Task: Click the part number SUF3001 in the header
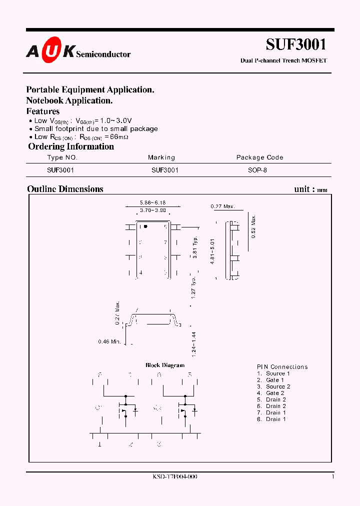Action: [x=296, y=44]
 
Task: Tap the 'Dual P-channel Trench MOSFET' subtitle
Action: [x=283, y=60]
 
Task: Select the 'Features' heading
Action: [x=42, y=111]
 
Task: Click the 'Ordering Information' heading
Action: [x=71, y=146]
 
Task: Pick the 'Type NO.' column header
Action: [x=62, y=157]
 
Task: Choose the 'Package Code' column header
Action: [x=259, y=157]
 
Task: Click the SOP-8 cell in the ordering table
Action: [x=257, y=170]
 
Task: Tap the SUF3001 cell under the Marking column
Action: [x=165, y=170]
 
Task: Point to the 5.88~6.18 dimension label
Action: [x=152, y=202]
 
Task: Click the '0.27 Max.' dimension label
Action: [x=222, y=206]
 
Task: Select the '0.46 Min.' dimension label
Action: [x=109, y=342]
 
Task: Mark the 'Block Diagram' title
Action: [x=165, y=365]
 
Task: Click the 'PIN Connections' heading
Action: [x=282, y=366]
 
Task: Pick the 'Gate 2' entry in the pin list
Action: [x=273, y=393]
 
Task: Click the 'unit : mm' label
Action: [x=310, y=189]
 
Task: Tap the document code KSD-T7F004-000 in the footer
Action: [x=174, y=476]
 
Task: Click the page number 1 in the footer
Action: [x=333, y=476]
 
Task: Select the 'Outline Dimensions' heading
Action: [x=65, y=189]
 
